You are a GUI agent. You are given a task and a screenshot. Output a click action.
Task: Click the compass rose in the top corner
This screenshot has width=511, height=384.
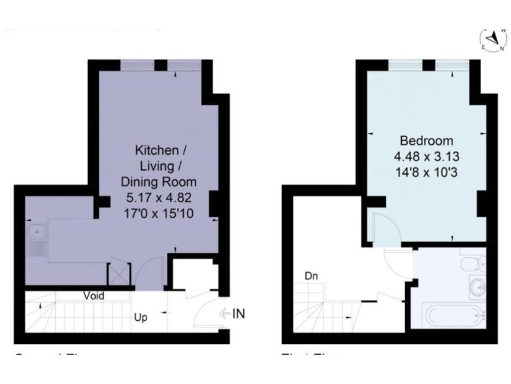pyautogui.click(x=493, y=41)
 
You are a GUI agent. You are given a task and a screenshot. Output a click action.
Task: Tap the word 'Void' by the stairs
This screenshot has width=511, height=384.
pyautogui.click(x=94, y=295)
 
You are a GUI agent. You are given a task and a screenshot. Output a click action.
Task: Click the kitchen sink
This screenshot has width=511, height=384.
pyautogui.click(x=37, y=241)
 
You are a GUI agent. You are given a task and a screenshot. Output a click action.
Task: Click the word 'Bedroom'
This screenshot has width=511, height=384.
pyautogui.click(x=426, y=141)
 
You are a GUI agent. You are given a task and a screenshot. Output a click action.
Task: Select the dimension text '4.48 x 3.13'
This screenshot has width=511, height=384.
pyautogui.click(x=426, y=157)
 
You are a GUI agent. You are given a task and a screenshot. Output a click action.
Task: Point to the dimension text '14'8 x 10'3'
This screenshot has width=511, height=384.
pyautogui.click(x=426, y=173)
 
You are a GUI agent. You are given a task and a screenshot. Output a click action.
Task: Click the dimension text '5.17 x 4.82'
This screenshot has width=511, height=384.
pyautogui.click(x=157, y=197)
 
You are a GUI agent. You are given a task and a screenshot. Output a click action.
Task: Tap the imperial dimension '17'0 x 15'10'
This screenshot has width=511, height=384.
pyautogui.click(x=157, y=213)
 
